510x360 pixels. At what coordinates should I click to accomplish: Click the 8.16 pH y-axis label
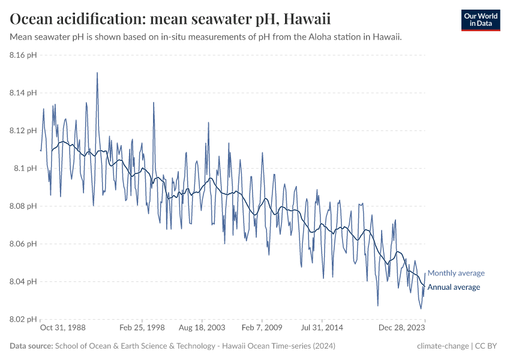tap(23, 55)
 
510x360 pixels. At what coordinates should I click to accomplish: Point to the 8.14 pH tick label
tap(23, 93)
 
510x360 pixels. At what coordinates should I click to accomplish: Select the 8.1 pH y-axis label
tap(26, 169)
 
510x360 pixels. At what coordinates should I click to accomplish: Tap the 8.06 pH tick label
tap(23, 244)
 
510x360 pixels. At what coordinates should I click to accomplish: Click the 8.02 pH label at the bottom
tap(23, 319)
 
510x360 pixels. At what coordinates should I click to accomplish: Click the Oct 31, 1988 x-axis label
tap(62, 328)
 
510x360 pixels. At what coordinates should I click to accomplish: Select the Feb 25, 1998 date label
tap(142, 328)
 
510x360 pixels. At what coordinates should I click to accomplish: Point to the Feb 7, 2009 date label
tap(262, 328)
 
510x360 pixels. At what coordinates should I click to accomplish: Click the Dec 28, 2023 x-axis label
tap(403, 328)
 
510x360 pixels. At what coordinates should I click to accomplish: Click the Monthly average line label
tap(456, 273)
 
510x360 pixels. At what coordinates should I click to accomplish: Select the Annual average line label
tap(454, 287)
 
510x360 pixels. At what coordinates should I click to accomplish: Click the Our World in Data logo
tap(480, 20)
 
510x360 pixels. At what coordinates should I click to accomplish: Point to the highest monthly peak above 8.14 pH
tap(97, 73)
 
